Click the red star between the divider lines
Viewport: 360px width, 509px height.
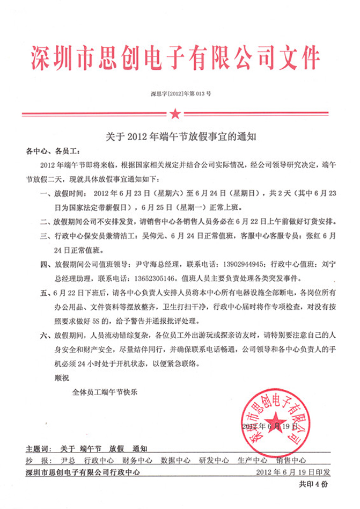tap(175, 113)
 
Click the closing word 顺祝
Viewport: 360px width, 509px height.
tap(62, 377)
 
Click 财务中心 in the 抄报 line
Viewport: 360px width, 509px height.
tap(137, 460)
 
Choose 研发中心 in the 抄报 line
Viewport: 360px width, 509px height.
tap(214, 460)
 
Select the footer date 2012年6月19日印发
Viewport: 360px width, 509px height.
tap(294, 472)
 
